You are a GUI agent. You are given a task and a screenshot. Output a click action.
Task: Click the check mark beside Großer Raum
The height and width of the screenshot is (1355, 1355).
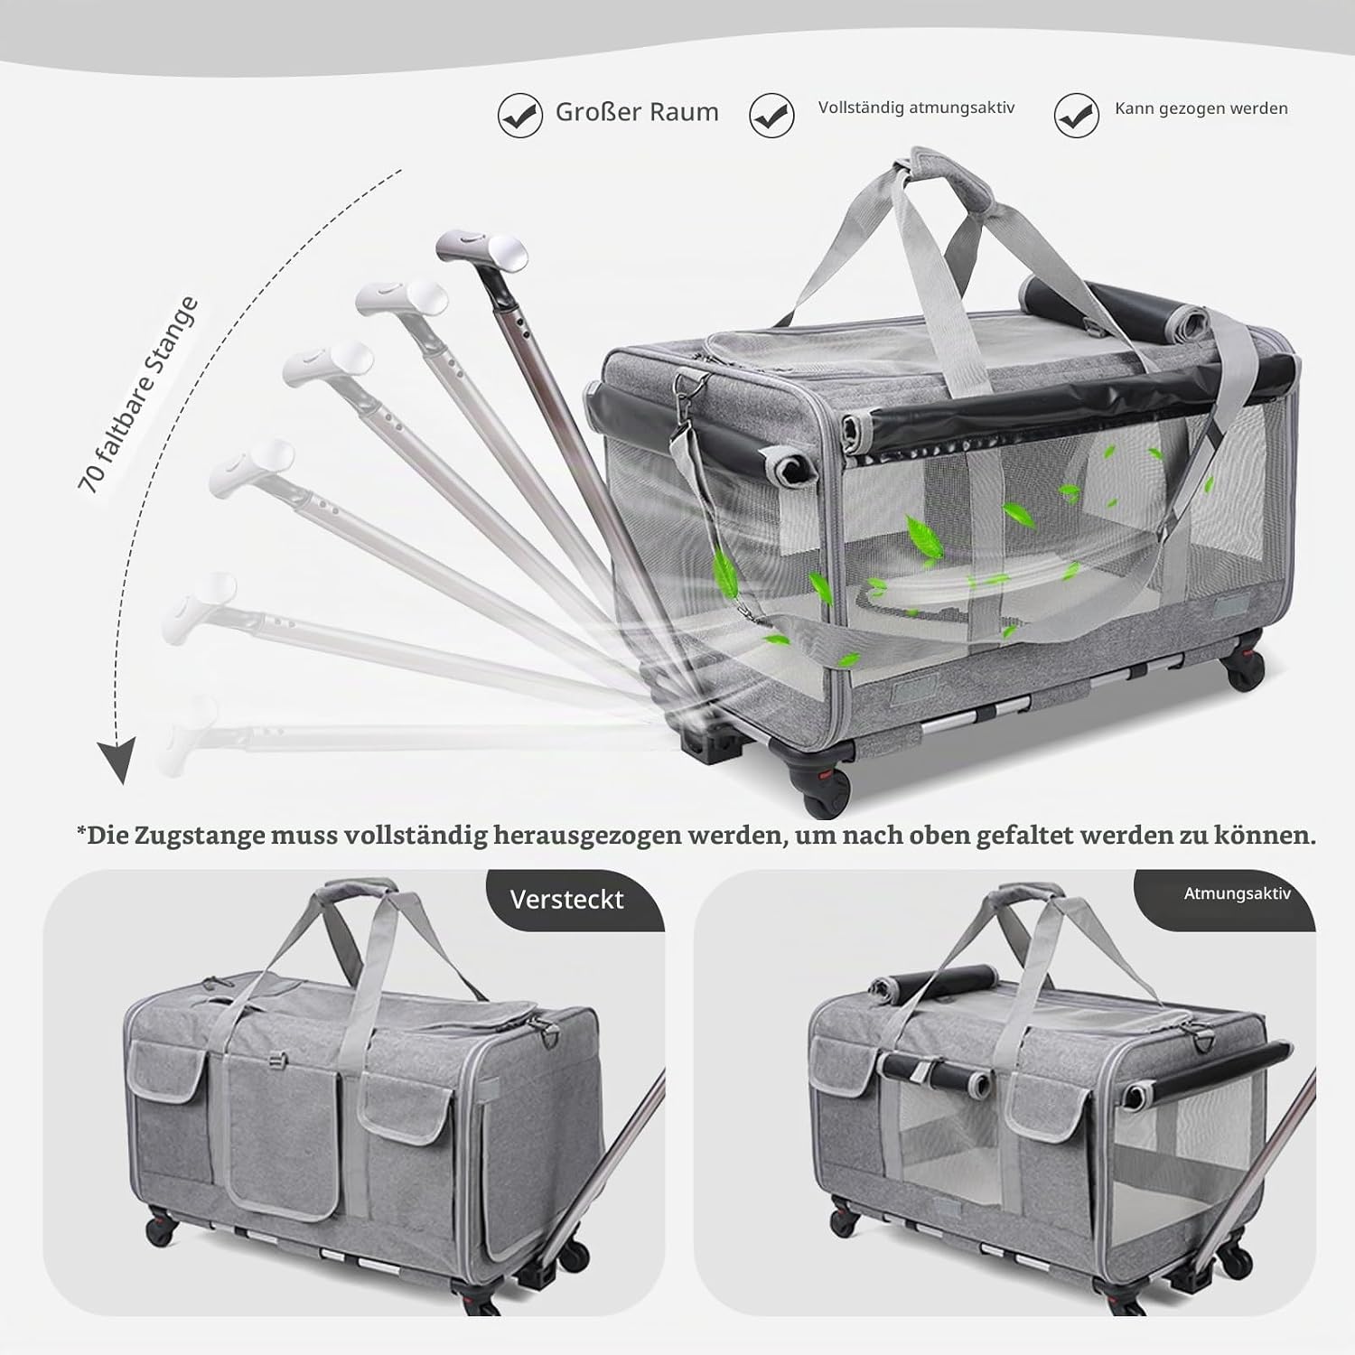tap(520, 115)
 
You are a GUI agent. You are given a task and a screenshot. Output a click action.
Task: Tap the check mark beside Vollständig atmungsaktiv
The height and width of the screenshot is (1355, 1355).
tap(771, 115)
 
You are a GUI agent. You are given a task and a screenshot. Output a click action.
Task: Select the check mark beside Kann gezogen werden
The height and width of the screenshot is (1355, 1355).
tap(1077, 115)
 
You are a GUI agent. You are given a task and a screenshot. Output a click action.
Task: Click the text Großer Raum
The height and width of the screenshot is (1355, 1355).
tap(637, 112)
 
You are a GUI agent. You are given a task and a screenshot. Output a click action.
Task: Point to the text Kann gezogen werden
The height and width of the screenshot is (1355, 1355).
tap(1201, 108)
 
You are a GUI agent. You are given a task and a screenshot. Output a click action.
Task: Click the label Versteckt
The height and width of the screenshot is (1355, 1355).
tap(566, 900)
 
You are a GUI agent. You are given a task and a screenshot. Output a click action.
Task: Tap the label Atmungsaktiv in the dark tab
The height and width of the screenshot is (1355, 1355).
tap(1238, 893)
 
